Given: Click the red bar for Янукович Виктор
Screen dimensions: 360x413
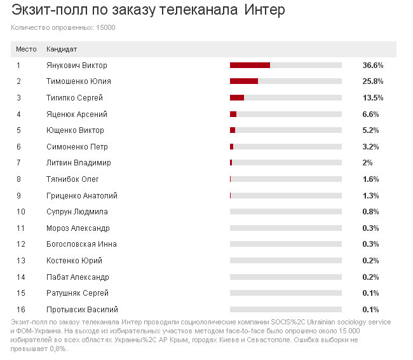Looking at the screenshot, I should (250, 65).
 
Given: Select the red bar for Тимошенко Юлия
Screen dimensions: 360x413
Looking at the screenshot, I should (244, 81).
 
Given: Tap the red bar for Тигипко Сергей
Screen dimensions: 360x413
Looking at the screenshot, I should (237, 97).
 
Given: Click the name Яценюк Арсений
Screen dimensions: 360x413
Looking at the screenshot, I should (77, 114).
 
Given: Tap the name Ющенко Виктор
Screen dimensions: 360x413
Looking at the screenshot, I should (75, 130).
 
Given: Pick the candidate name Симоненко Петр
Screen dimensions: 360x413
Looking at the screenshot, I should (77, 146).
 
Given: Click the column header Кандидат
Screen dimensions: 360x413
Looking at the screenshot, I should (62, 49).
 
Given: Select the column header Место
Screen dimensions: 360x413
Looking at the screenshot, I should (26, 49).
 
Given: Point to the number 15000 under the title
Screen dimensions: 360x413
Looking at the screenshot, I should (105, 27).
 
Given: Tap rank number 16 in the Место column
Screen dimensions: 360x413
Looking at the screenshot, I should (20, 309).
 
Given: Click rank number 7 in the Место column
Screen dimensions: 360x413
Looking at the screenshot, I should (18, 163).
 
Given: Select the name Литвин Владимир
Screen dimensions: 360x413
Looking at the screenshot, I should (79, 163).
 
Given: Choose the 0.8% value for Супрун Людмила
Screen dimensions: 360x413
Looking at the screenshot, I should (371, 212).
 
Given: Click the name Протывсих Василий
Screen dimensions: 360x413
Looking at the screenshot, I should (82, 309).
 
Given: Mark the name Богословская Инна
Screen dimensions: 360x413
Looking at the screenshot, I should (81, 244).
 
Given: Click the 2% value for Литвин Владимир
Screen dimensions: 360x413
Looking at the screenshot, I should (367, 163).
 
